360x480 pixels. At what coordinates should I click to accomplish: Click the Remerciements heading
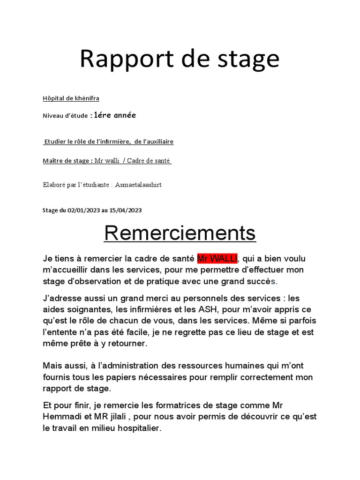tap(180, 233)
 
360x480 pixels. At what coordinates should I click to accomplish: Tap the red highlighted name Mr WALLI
tap(217, 258)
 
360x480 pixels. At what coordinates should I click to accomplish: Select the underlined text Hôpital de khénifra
tap(71, 98)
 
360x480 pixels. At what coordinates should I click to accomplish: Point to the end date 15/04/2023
tap(126, 210)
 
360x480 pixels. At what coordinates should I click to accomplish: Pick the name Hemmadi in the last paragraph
tap(61, 416)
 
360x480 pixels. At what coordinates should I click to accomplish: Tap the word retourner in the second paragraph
tap(125, 344)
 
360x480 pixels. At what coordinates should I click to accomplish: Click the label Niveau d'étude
tap(65, 116)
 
